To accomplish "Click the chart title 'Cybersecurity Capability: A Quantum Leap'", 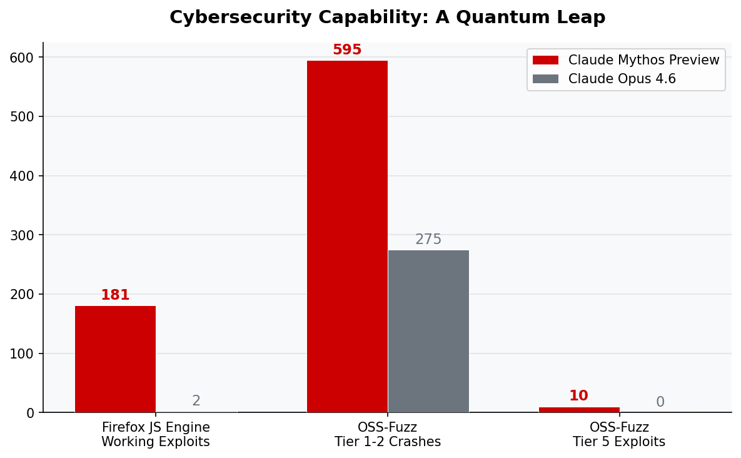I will [x=387, y=18].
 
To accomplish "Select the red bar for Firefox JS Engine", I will [x=115, y=359].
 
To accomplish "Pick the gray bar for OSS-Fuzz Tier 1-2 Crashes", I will [x=428, y=331].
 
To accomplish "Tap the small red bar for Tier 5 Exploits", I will [x=579, y=410].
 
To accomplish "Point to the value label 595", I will [x=347, y=50].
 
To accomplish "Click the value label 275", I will [x=428, y=240].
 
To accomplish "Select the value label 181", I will [x=115, y=295].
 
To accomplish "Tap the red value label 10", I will [x=578, y=396].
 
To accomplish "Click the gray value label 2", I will [x=196, y=401].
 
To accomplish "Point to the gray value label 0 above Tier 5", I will [x=660, y=402].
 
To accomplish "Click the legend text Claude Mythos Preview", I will [x=643, y=60].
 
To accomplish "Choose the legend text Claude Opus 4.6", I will [x=622, y=79].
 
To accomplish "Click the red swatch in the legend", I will [x=545, y=60].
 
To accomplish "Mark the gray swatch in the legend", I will [x=545, y=79].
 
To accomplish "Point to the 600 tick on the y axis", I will [x=22, y=58].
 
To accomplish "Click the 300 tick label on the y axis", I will [x=22, y=235].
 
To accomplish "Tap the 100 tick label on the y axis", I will [x=22, y=354].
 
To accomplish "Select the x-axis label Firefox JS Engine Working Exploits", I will [x=156, y=435].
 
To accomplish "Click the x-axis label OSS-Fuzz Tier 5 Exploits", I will [x=619, y=435].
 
